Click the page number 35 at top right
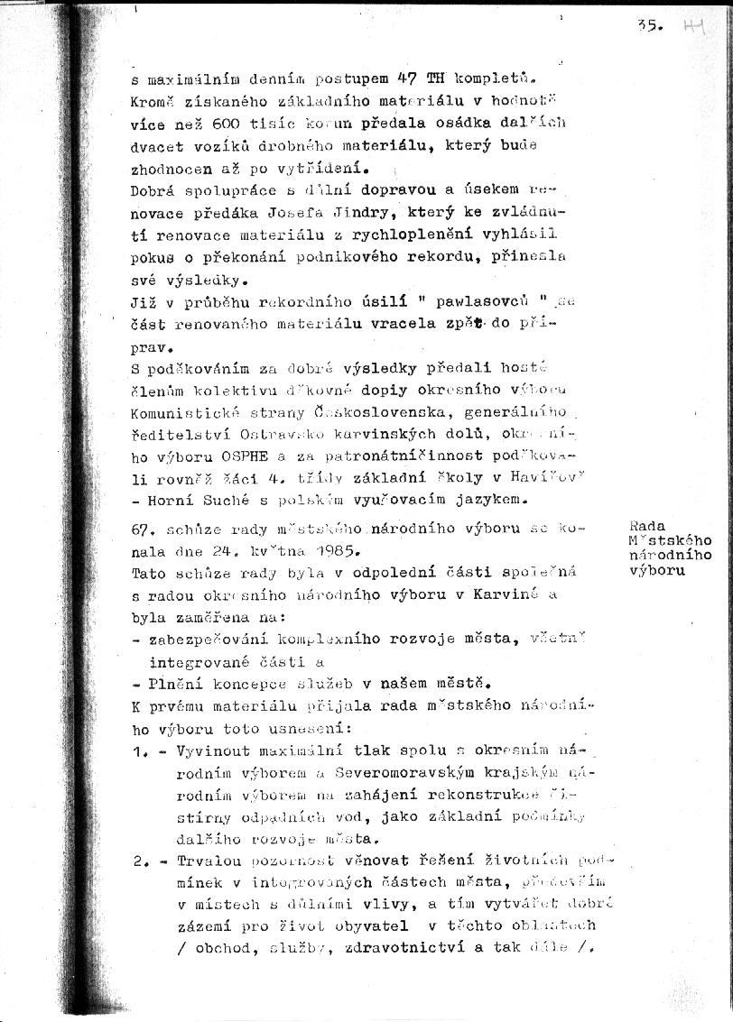coord(649,27)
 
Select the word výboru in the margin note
coord(656,570)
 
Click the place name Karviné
coord(538,594)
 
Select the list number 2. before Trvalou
coord(141,861)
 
